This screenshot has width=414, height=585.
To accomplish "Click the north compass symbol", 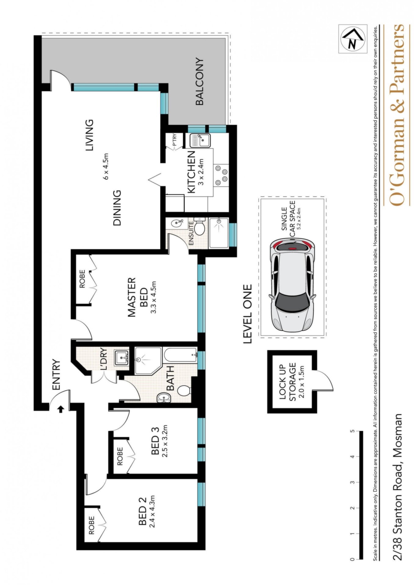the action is [x=352, y=39].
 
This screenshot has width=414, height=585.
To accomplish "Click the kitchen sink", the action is [x=199, y=140].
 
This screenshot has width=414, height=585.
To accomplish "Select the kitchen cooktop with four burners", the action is [x=221, y=175].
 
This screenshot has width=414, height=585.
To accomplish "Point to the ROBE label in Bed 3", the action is [x=120, y=456].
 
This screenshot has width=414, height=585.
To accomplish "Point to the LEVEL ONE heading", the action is [x=247, y=314].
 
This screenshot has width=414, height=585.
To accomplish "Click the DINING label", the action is [x=117, y=208].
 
